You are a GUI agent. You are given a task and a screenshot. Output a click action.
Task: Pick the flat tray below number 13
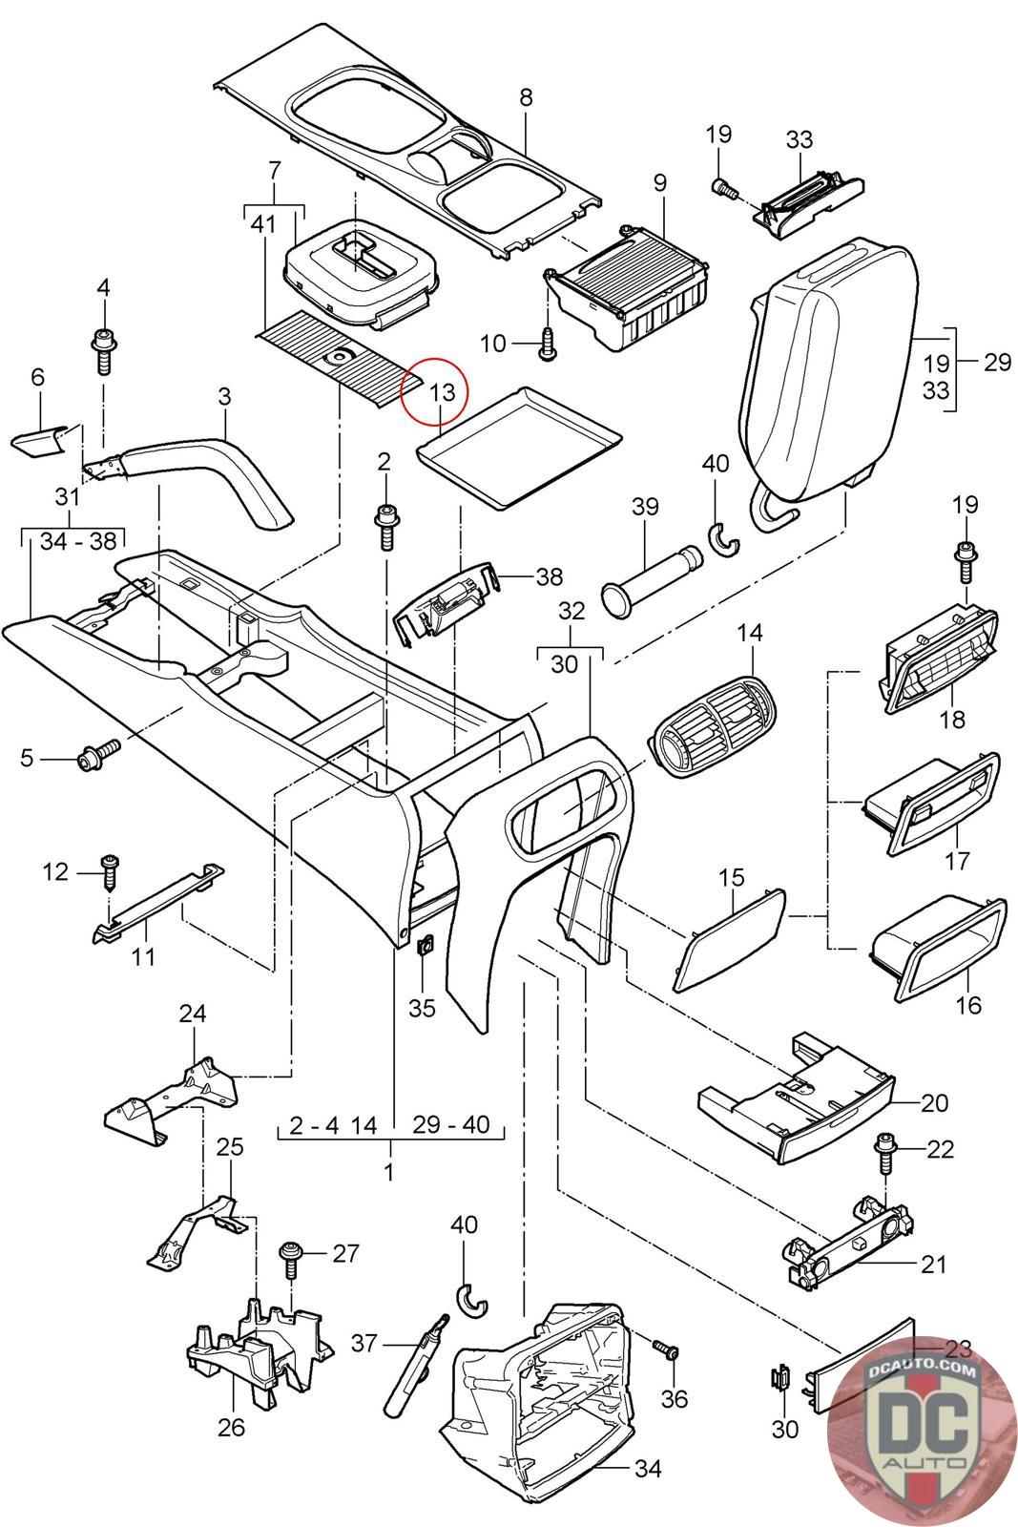click(x=522, y=445)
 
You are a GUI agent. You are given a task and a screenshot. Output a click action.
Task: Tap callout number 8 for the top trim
click(x=526, y=96)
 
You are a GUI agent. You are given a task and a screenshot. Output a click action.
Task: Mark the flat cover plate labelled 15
click(x=730, y=936)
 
